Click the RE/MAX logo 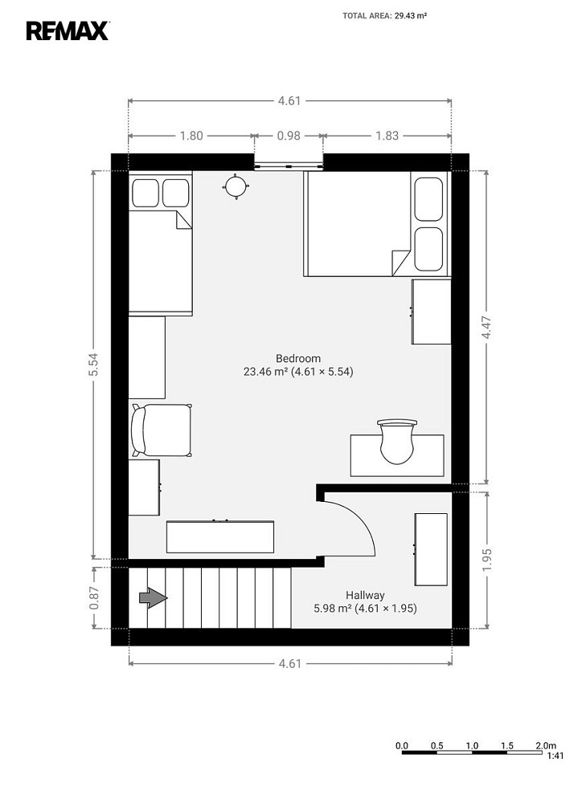point(68,31)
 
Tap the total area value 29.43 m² point(411,16)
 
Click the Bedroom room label point(298,358)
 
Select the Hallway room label point(365,595)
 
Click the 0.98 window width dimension point(289,136)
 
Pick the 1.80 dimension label point(191,136)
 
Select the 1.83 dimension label point(387,136)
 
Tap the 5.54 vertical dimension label point(93,365)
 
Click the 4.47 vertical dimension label point(486,327)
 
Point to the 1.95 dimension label point(486,560)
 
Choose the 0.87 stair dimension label point(93,597)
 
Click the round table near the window point(236,186)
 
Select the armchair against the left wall point(161,430)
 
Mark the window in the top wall point(289,166)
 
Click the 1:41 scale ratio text point(555,756)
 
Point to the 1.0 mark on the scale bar point(472,746)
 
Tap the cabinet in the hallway point(431,549)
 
